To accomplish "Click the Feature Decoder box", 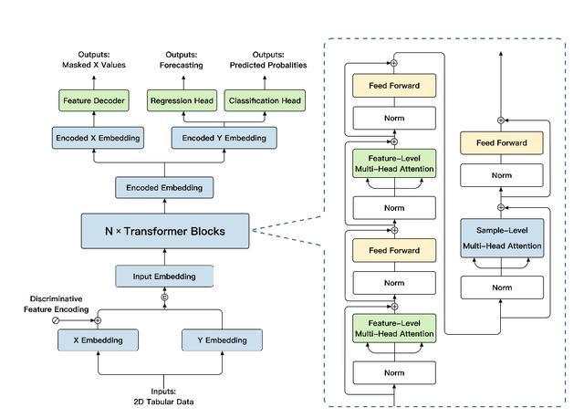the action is point(94,100).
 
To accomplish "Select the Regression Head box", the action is point(182,100).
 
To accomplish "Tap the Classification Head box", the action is point(265,100).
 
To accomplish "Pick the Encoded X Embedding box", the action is point(98,138).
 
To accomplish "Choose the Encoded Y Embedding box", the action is point(224,138).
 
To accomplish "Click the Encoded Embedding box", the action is point(164,187).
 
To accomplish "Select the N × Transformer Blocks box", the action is point(165,231).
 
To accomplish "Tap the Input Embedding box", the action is point(164,276).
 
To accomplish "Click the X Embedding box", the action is point(98,340).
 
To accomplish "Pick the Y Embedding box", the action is point(222,340).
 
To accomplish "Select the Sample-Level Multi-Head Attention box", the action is point(502,238).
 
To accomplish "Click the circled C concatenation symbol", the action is point(164,298).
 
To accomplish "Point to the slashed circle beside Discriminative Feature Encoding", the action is point(56,320).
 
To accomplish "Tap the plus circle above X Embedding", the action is point(98,320).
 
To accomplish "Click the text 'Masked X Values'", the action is point(94,65).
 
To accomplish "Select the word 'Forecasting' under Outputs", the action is point(182,65).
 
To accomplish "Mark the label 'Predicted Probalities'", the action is point(268,65).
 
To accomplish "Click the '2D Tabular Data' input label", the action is point(163,402).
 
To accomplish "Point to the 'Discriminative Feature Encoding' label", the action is point(57,304).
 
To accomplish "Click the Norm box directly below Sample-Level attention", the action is point(502,287).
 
